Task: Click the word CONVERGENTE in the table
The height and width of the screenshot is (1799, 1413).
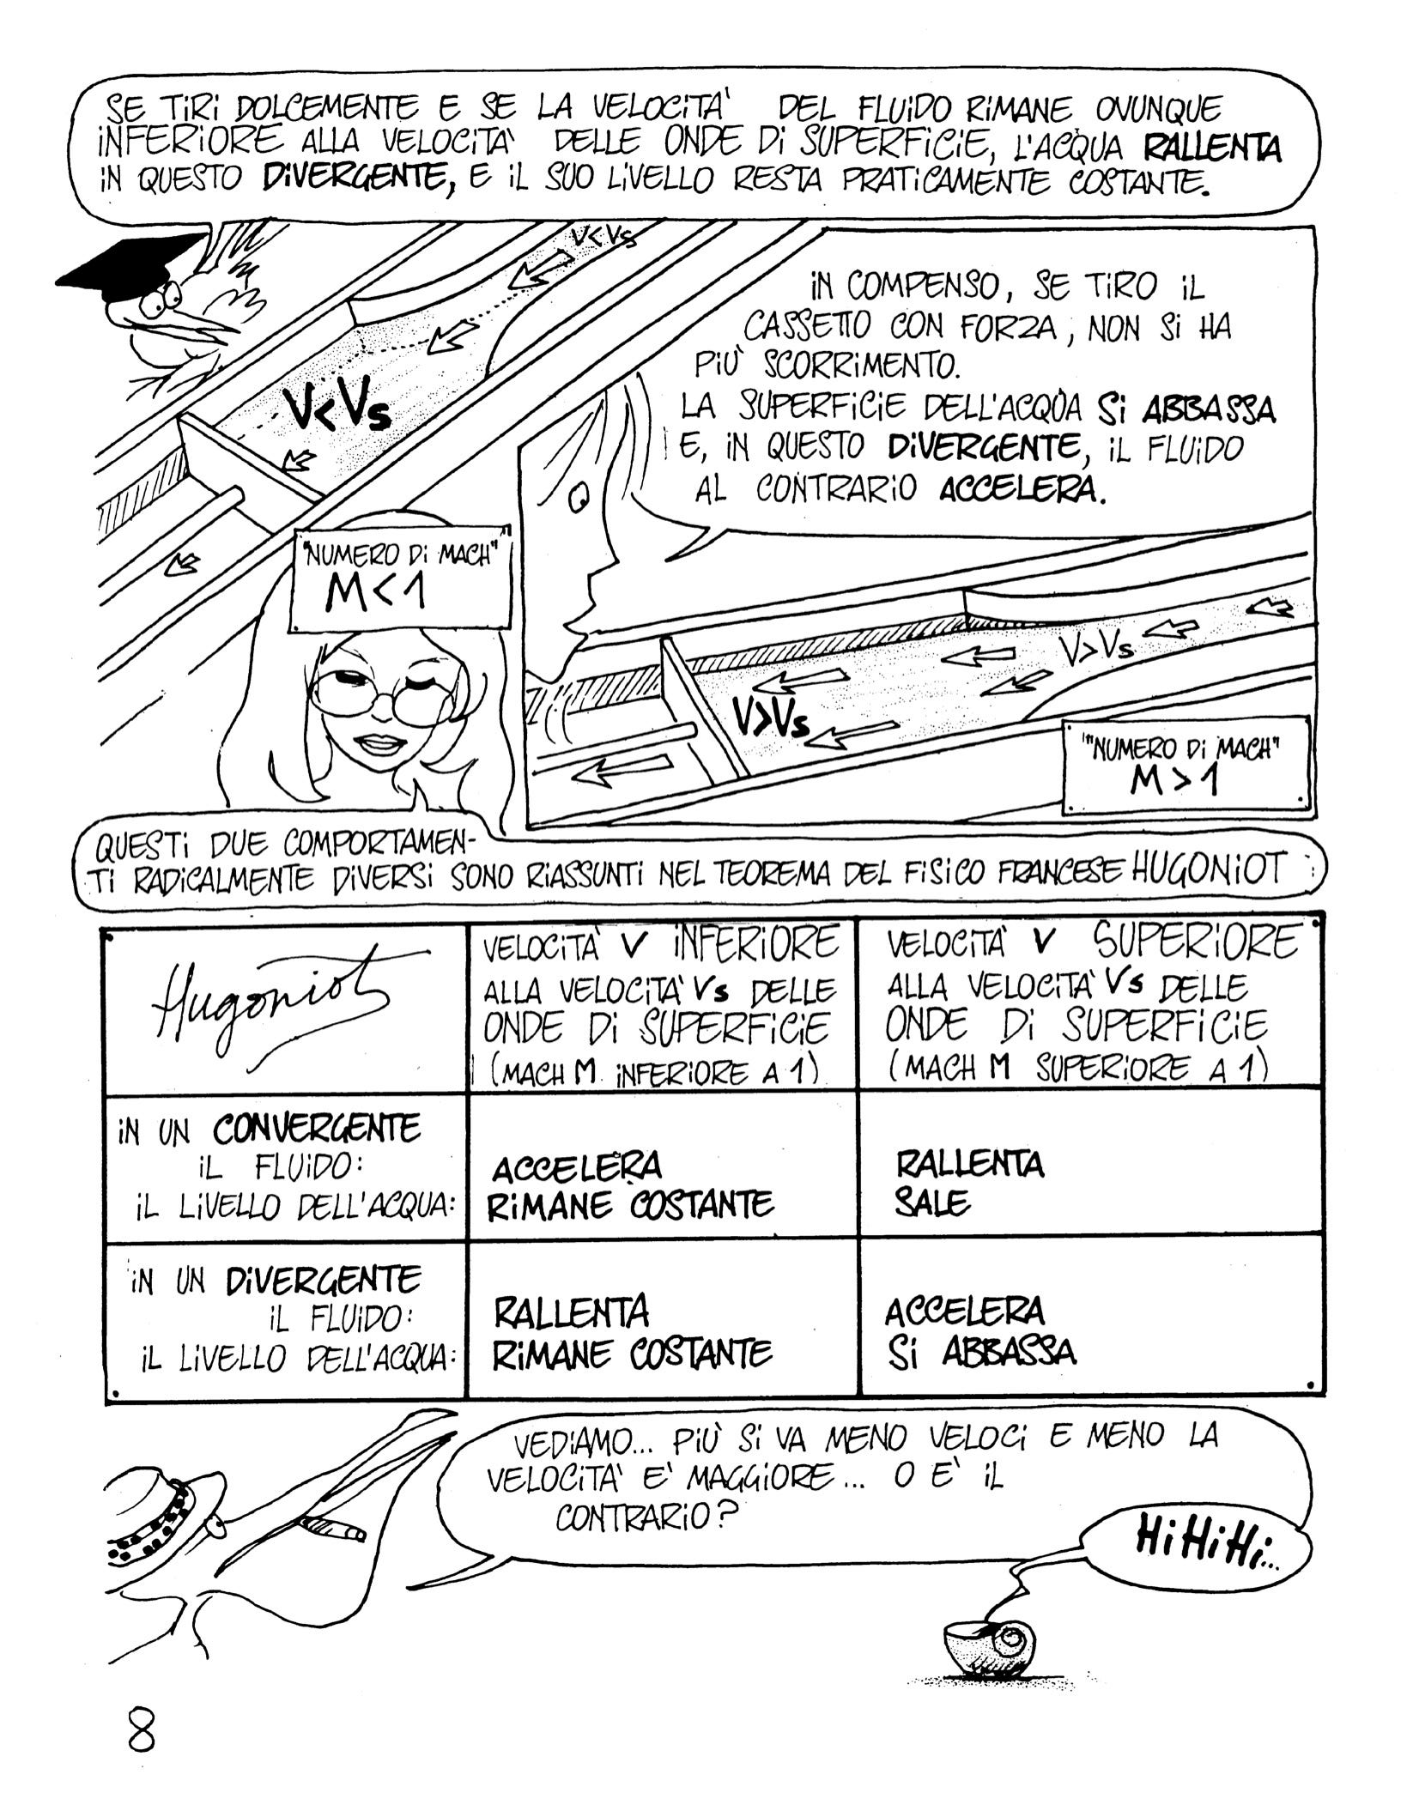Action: (x=318, y=1129)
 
